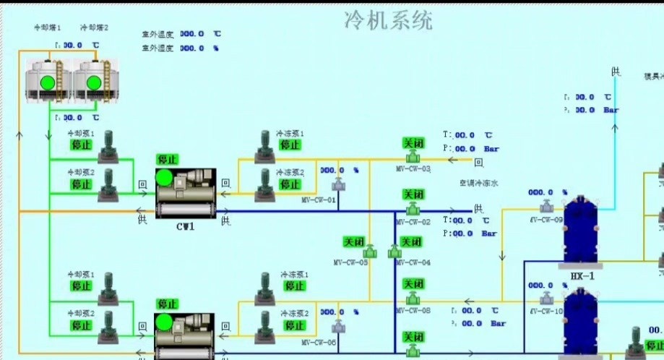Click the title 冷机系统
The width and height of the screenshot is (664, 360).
pos(389,21)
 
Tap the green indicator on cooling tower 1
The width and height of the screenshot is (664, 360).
pos(48,82)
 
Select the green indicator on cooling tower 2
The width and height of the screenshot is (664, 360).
pos(92,82)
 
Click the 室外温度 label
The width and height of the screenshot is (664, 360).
pos(157,34)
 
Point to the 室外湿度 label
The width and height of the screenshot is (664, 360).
pos(157,48)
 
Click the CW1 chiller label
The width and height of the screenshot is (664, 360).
pos(186,226)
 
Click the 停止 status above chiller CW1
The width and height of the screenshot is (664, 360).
pos(168,160)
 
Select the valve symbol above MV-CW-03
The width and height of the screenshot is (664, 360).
pos(413,157)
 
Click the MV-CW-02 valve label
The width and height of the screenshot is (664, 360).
pos(413,222)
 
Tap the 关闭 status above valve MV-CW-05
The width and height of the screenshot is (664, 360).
pos(356,241)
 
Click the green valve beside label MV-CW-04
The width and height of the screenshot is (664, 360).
pos(394,252)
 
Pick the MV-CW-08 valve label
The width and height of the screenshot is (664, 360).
pos(413,310)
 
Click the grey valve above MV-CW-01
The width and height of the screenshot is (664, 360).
pos(337,187)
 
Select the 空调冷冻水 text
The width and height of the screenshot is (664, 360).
pos(479,184)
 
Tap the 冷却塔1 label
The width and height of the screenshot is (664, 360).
pos(48,27)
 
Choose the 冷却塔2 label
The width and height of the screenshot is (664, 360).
pos(94,27)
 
